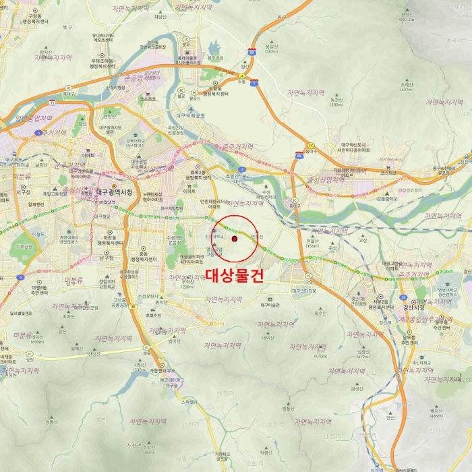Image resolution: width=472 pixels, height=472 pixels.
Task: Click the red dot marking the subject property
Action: [x=234, y=239]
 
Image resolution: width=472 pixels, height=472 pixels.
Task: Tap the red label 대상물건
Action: [x=233, y=276]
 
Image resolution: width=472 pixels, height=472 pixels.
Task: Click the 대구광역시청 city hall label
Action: [x=116, y=192]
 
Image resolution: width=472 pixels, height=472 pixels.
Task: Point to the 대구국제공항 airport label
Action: [x=191, y=115]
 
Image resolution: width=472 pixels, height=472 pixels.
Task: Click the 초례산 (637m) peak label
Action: [x=406, y=86]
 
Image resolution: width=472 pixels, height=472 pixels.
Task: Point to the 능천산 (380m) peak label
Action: [x=336, y=101]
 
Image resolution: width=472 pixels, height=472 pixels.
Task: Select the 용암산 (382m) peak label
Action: [x=272, y=48]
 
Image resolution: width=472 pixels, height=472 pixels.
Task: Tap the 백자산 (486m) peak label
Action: [x=436, y=413]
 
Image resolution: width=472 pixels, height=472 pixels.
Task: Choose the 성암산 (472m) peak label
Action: [x=363, y=353]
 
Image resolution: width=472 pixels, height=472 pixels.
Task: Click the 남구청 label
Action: [x=106, y=257]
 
